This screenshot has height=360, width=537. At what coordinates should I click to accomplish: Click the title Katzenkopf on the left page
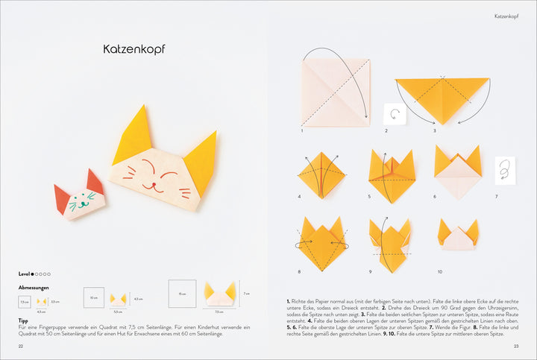click(x=134, y=49)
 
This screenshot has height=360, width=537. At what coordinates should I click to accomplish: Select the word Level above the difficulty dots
click(x=25, y=274)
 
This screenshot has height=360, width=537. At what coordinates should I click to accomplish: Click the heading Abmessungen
click(x=32, y=287)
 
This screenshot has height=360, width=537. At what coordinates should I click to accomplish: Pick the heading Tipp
click(x=23, y=320)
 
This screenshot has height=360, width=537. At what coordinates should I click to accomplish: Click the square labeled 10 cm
click(x=94, y=297)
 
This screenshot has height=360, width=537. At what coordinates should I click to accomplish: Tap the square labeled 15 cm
click(x=182, y=293)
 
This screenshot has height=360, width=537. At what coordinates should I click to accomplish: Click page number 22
click(x=21, y=347)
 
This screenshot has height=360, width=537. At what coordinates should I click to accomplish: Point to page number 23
click(x=515, y=347)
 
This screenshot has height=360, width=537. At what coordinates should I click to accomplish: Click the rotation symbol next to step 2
click(x=394, y=115)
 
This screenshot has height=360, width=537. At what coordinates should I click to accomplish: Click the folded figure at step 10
click(x=458, y=236)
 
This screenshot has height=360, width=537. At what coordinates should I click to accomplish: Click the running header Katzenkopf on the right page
click(x=506, y=16)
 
